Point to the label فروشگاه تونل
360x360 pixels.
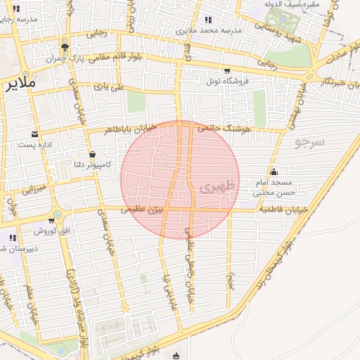[228, 80]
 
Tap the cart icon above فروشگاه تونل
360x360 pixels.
[226, 70]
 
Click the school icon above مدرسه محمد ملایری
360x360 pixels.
[208, 20]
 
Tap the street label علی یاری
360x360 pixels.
[109, 87]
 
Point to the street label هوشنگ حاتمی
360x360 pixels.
[221, 128]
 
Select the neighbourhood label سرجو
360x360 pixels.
[309, 143]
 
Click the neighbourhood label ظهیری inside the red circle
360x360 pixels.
[215, 187]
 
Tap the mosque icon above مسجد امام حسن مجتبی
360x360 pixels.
[274, 172]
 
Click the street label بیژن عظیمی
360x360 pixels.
[142, 210]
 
